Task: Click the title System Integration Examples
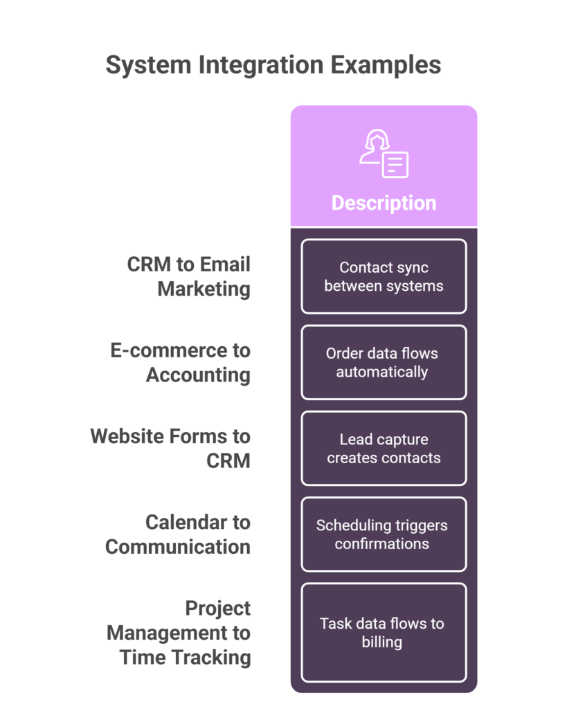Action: (273, 65)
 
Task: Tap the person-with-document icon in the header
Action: (384, 154)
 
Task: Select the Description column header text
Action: (384, 203)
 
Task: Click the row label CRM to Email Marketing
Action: (188, 276)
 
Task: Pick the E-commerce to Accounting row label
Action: (181, 362)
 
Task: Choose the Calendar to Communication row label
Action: (178, 535)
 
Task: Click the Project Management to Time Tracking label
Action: (179, 633)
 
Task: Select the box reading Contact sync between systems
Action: (384, 276)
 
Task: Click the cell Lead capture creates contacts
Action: (384, 449)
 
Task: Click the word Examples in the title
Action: (386, 65)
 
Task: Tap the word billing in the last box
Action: (381, 643)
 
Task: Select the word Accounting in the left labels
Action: (198, 375)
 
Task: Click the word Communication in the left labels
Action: (178, 547)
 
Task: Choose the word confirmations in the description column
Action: (381, 544)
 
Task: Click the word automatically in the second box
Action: (381, 372)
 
